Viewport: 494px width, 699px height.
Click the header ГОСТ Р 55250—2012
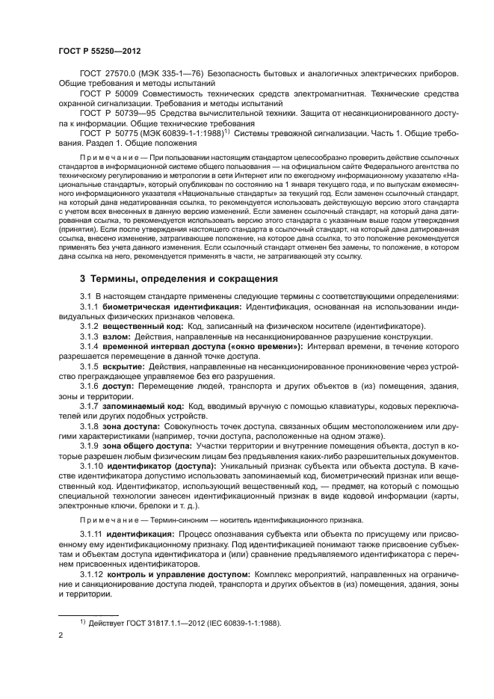99,52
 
